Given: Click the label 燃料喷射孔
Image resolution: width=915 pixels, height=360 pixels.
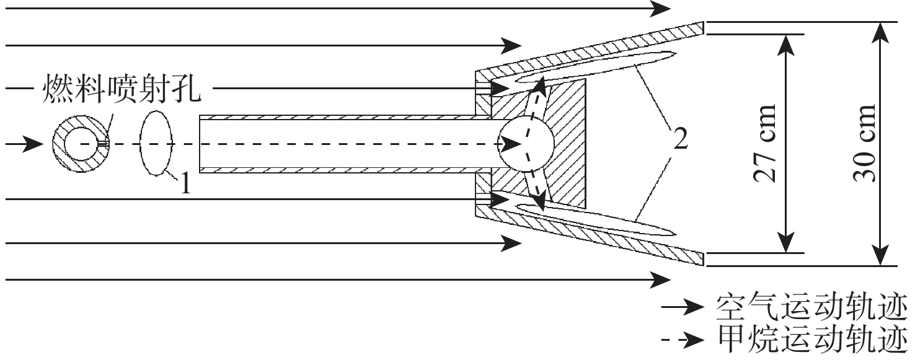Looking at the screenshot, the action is tap(122, 88).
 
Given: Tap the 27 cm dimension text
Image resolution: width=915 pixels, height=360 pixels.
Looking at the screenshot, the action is tap(765, 143).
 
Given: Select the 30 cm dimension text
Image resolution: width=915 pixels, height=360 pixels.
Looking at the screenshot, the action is tap(864, 143).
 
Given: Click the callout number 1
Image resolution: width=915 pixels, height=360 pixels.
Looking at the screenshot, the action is tap(185, 183).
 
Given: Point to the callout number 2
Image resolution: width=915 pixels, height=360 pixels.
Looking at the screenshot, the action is tap(680, 139).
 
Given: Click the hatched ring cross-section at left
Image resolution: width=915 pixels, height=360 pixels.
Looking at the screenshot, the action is tap(60, 144).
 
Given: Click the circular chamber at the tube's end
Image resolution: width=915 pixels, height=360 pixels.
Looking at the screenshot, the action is tap(525, 144).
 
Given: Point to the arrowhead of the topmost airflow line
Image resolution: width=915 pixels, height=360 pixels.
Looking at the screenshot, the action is tap(660, 8).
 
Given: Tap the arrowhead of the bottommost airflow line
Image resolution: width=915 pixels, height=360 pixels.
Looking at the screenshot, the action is tap(660, 280).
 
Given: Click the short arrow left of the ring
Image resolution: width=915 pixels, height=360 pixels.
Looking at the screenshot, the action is tap(25, 144).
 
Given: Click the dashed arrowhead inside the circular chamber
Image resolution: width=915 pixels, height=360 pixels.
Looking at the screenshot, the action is tap(511, 144).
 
